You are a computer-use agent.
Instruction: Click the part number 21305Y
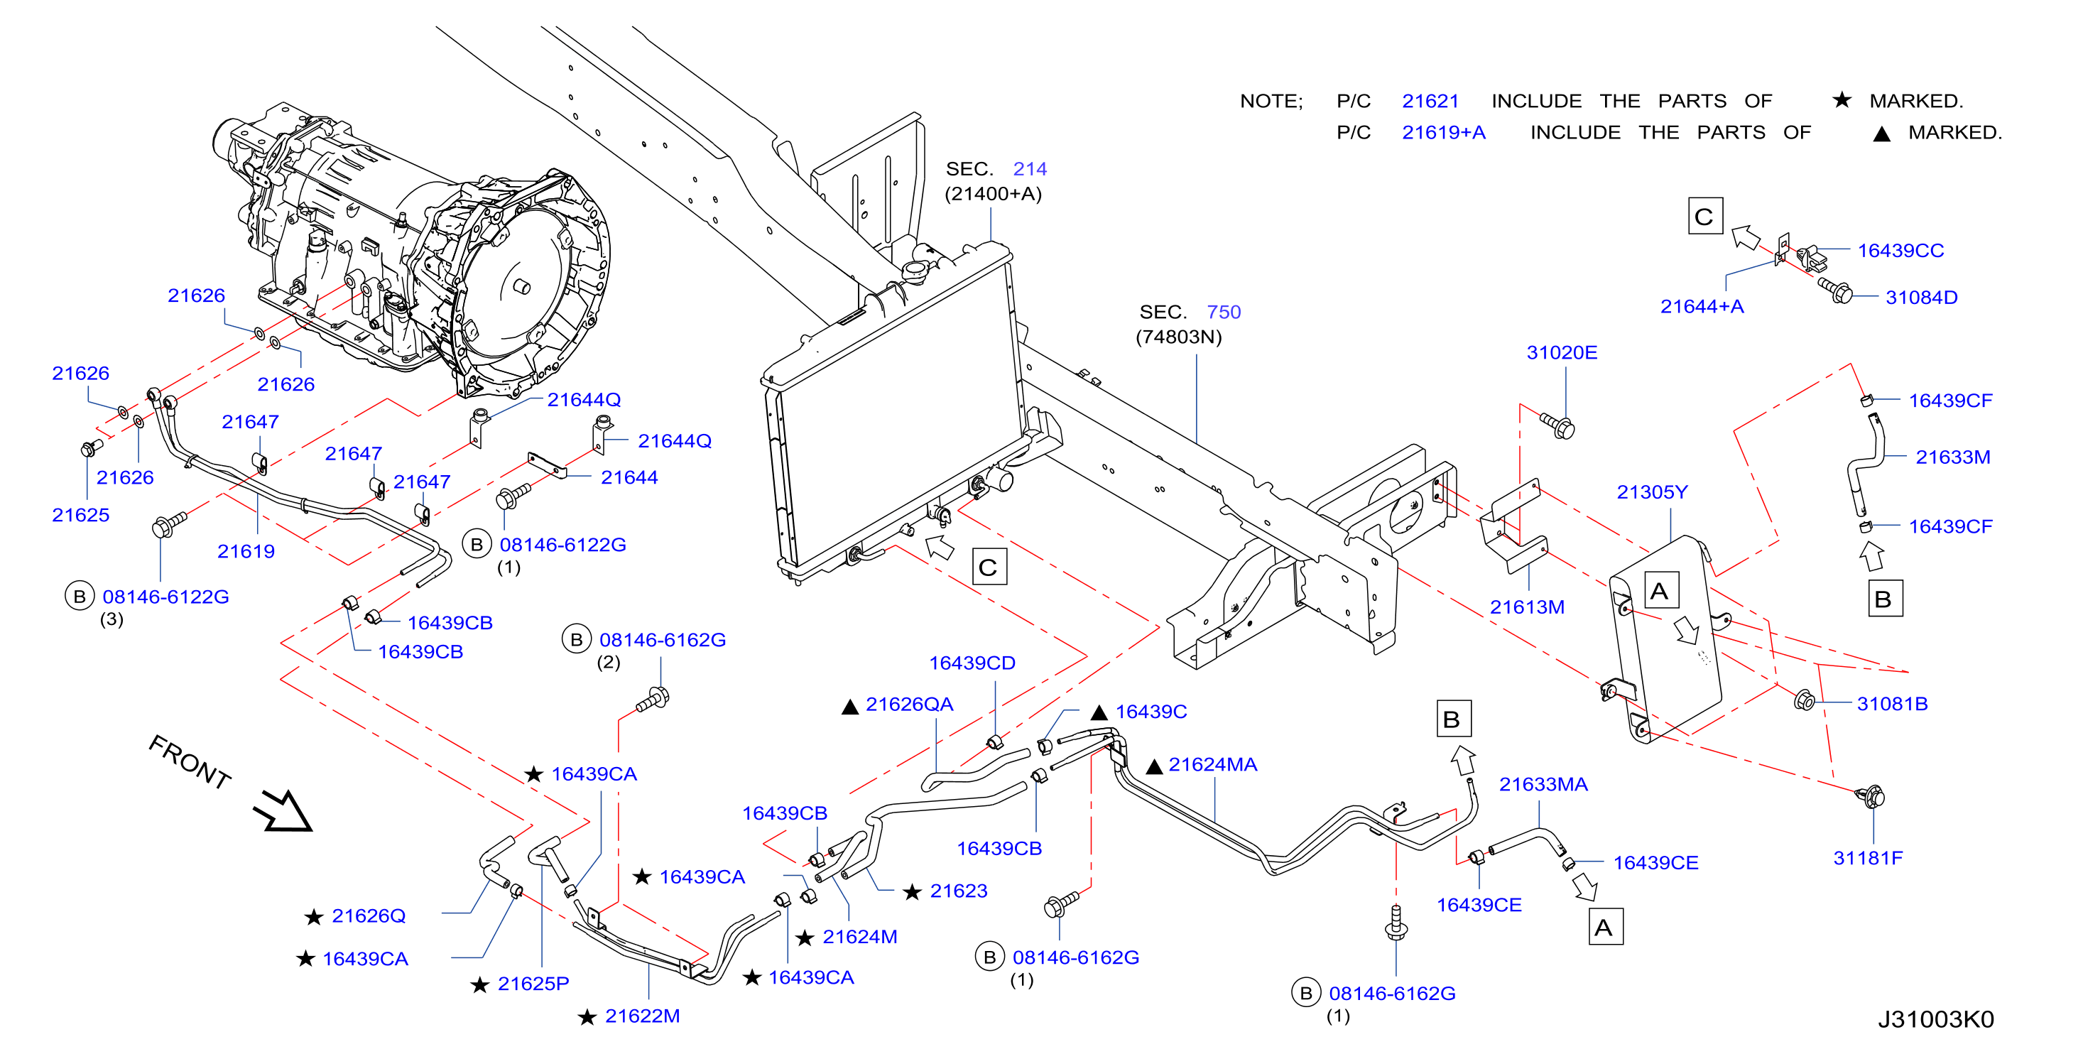pyautogui.click(x=1651, y=491)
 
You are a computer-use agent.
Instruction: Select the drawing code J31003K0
pyautogui.click(x=1935, y=1019)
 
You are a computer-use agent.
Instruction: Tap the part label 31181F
pyautogui.click(x=1867, y=857)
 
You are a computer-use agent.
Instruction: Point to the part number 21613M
pyautogui.click(x=1527, y=607)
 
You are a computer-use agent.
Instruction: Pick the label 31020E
pyautogui.click(x=1562, y=353)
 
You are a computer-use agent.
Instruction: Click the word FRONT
pyautogui.click(x=190, y=761)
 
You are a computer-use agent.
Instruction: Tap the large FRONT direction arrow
pyautogui.click(x=283, y=811)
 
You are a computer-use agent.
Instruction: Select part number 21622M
pyautogui.click(x=642, y=1016)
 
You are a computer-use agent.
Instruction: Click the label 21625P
pyautogui.click(x=533, y=984)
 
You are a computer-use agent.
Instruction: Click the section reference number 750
pyautogui.click(x=1224, y=313)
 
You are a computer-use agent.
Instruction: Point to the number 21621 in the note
pyautogui.click(x=1430, y=101)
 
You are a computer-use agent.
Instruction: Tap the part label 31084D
pyautogui.click(x=1920, y=298)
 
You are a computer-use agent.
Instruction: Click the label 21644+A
pyautogui.click(x=1702, y=307)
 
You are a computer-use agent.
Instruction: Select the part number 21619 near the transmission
pyautogui.click(x=246, y=552)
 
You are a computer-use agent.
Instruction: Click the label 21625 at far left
pyautogui.click(x=81, y=515)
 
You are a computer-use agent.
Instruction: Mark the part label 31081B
pyautogui.click(x=1891, y=704)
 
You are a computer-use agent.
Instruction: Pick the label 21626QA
pyautogui.click(x=909, y=705)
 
